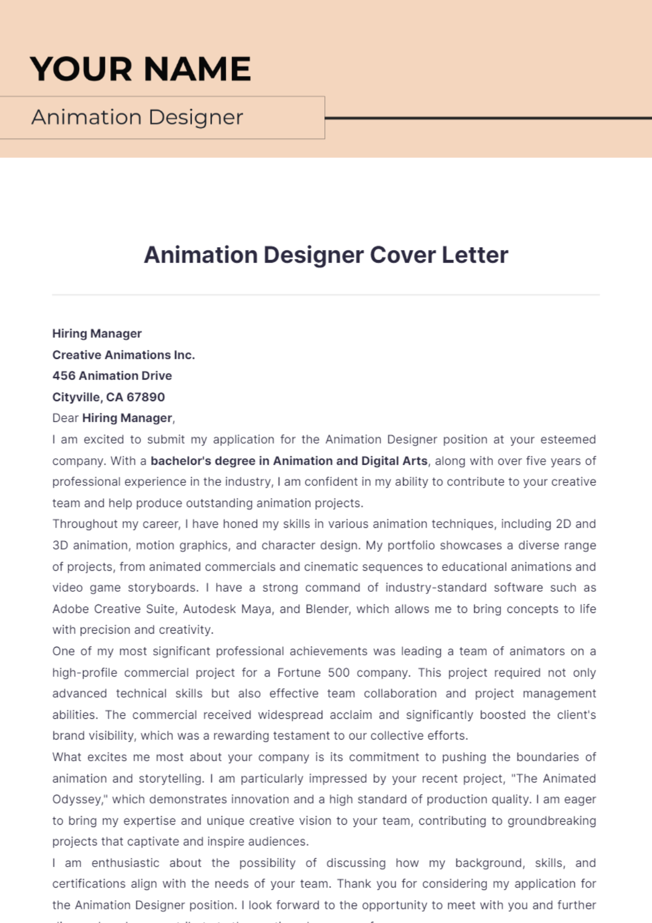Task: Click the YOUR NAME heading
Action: pyautogui.click(x=140, y=69)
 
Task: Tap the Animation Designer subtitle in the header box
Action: pyautogui.click(x=137, y=117)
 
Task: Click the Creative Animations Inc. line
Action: pyautogui.click(x=123, y=355)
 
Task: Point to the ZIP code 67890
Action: pyautogui.click(x=146, y=397)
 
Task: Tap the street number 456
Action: pyautogui.click(x=64, y=376)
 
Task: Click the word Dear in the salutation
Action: pyautogui.click(x=65, y=418)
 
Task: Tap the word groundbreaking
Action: pyautogui.click(x=551, y=820)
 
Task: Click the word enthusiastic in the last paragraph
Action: pyautogui.click(x=125, y=863)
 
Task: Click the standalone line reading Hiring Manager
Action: pyautogui.click(x=97, y=333)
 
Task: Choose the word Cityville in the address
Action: pyautogui.click(x=76, y=397)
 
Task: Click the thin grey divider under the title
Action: pyautogui.click(x=326, y=295)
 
